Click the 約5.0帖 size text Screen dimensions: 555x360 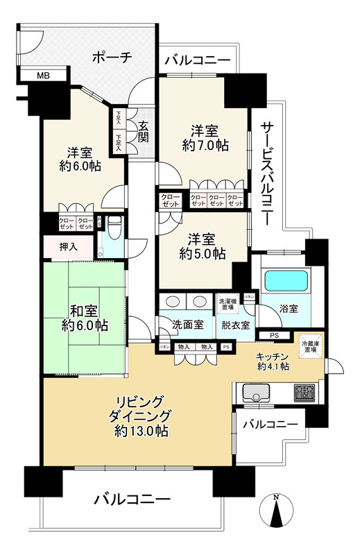[x=201, y=254]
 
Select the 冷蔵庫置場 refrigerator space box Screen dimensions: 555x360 [x=309, y=345]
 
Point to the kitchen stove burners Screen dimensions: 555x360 [x=304, y=393]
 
